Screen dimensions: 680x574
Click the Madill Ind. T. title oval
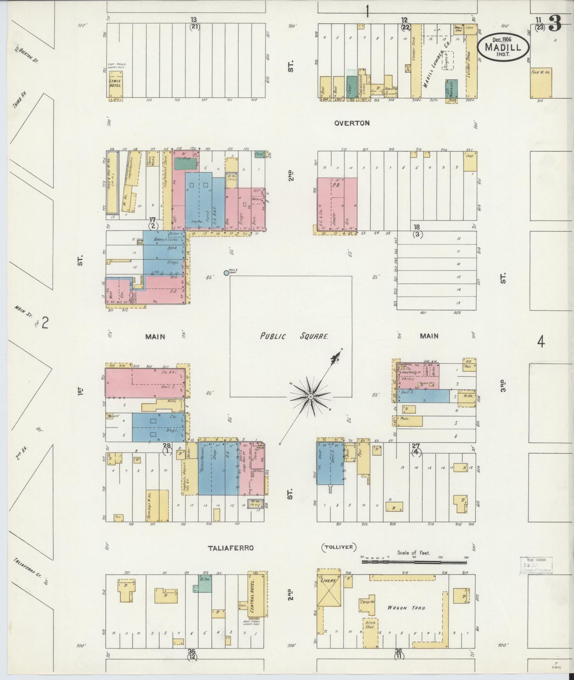[503, 47]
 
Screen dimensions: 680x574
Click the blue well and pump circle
[226, 273]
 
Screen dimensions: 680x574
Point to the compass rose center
[310, 396]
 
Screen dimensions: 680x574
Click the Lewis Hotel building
[116, 84]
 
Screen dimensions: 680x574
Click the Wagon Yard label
[406, 608]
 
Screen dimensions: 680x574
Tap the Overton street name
[352, 123]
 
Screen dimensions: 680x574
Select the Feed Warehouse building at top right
[541, 82]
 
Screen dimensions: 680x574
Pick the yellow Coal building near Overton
[470, 161]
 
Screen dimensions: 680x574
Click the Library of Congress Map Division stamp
[536, 565]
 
